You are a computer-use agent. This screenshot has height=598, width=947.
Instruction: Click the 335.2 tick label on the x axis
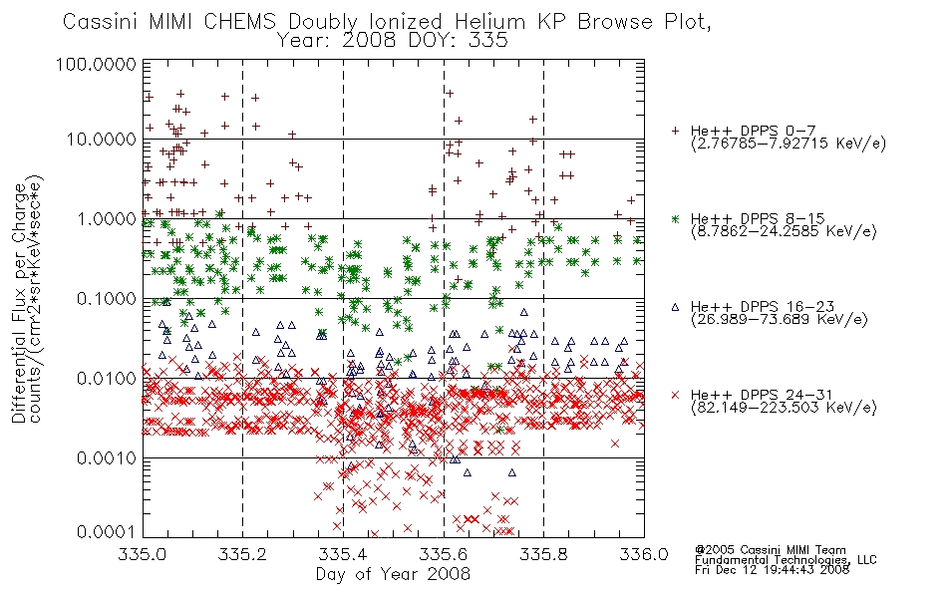tap(243, 554)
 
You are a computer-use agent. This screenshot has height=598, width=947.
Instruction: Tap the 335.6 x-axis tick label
tap(444, 554)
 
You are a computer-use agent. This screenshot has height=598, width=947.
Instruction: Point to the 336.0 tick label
tap(644, 554)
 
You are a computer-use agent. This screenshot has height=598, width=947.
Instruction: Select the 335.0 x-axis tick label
tap(144, 554)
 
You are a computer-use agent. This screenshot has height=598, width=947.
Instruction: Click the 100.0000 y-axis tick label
tap(97, 64)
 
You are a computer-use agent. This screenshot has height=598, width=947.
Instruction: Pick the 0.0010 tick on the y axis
tap(107, 458)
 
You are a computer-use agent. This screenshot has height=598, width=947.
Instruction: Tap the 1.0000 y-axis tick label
tap(107, 219)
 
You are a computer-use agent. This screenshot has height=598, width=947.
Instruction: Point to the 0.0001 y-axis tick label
tap(107, 532)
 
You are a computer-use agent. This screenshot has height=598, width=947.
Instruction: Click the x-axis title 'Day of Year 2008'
tap(393, 574)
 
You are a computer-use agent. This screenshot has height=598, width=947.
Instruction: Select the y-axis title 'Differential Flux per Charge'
tap(19, 302)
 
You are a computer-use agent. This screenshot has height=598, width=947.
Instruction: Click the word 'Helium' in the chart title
tap(490, 22)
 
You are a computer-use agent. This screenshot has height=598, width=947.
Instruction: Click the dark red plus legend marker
tap(675, 131)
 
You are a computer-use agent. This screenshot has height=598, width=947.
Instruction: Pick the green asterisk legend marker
tap(675, 218)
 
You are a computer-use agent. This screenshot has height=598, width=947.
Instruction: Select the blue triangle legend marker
tap(675, 307)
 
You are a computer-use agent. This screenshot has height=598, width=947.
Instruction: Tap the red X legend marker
tap(675, 395)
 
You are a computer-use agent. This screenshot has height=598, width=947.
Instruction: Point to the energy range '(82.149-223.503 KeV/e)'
tap(784, 408)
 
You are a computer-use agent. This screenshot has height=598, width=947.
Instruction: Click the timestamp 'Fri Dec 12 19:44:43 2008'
tap(772, 570)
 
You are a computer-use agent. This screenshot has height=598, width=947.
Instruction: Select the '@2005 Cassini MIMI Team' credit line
tap(770, 550)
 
